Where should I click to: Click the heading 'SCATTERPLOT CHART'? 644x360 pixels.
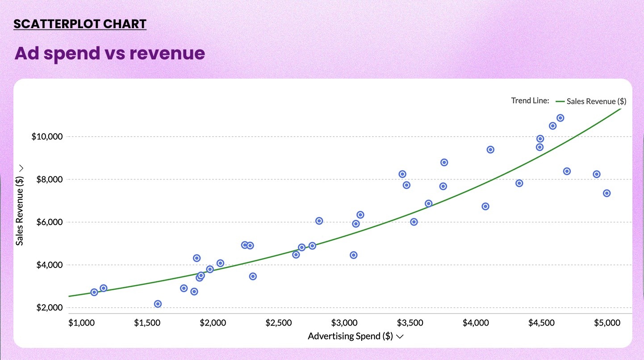click(x=80, y=24)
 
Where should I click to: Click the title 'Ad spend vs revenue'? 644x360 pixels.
click(x=110, y=53)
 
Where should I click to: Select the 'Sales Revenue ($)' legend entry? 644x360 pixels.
click(x=596, y=101)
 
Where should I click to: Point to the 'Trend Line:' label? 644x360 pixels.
click(x=530, y=100)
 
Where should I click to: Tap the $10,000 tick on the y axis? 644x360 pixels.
click(x=47, y=137)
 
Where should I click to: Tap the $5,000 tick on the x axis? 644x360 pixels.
click(x=608, y=322)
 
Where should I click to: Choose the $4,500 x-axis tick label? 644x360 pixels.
click(x=542, y=322)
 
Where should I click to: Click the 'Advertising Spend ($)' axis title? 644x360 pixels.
click(x=350, y=336)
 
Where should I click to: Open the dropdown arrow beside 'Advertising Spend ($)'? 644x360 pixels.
click(x=400, y=337)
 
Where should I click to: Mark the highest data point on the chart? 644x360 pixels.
click(x=560, y=118)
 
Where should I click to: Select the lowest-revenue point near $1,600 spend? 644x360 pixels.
click(x=158, y=304)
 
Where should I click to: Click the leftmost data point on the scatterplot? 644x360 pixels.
click(x=94, y=292)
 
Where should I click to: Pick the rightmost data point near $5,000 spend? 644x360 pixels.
click(x=606, y=193)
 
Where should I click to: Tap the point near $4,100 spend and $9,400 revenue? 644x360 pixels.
click(x=490, y=150)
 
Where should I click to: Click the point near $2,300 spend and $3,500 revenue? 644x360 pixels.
click(x=253, y=276)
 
